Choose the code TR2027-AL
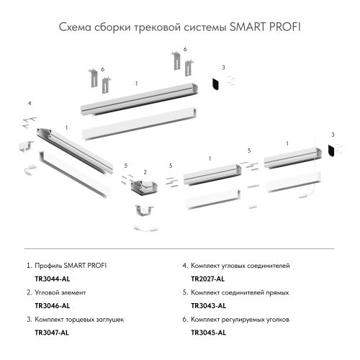tap(207, 279)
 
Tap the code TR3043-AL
tap(207, 306)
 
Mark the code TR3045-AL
tap(207, 333)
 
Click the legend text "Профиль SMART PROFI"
tap(69, 266)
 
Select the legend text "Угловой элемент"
tap(60, 293)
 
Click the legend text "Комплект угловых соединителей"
tap(240, 266)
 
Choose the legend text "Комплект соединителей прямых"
tap(240, 293)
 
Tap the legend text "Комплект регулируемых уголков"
tap(241, 320)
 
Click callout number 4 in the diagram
tap(30, 104)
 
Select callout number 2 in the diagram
tap(145, 172)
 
